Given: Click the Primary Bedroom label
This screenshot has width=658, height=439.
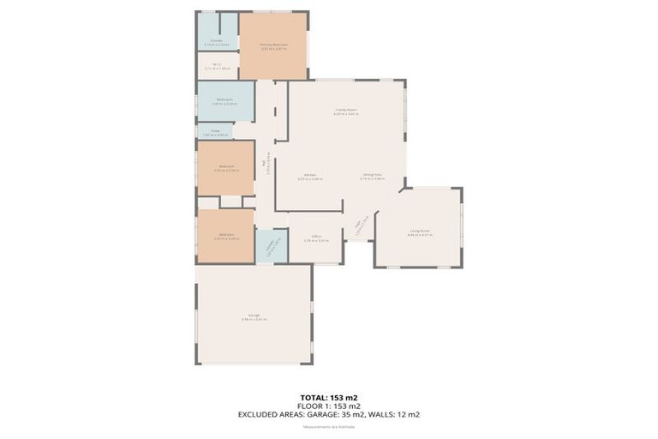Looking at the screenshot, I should pyautogui.click(x=273, y=44).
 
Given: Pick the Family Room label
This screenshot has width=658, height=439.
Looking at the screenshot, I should pyautogui.click(x=345, y=111).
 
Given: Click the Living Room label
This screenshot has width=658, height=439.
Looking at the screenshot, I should pyautogui.click(x=420, y=231).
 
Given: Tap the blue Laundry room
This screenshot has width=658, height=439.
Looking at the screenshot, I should pyautogui.click(x=270, y=247).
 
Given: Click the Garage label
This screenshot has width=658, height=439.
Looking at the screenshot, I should pyautogui.click(x=254, y=316).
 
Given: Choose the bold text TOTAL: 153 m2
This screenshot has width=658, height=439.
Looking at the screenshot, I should pyautogui.click(x=329, y=397).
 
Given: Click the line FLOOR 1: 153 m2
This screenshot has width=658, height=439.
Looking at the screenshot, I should pyautogui.click(x=329, y=405).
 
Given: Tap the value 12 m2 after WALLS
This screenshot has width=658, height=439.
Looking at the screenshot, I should pyautogui.click(x=408, y=414).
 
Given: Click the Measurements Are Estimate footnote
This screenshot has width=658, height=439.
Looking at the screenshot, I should pyautogui.click(x=329, y=426).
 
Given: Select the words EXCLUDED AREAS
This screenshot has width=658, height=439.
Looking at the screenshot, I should pyautogui.click(x=274, y=414).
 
